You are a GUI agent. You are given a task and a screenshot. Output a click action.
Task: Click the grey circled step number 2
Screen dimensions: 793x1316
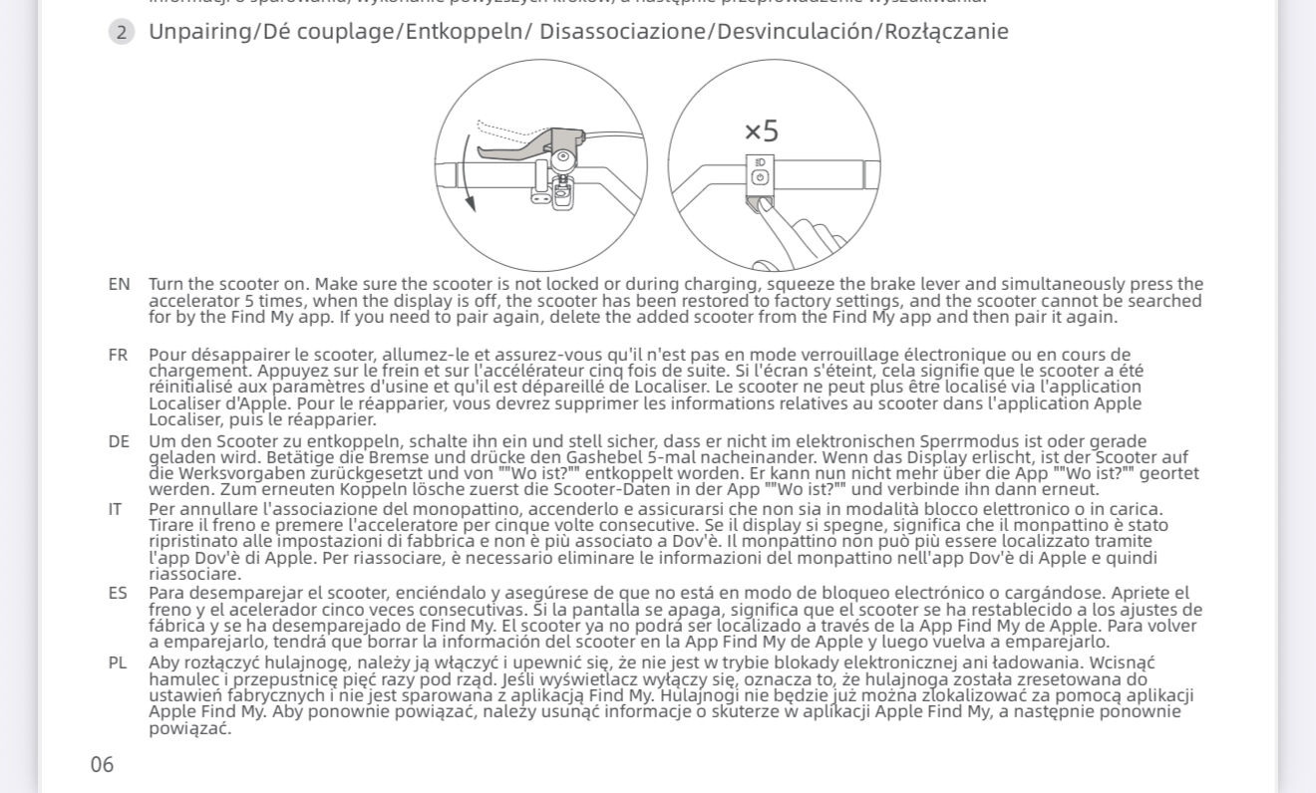coord(122,32)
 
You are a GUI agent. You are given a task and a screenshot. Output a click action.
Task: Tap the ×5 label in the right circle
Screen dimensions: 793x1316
coord(762,131)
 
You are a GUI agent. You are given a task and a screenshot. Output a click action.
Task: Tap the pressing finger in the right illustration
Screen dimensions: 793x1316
coord(788,229)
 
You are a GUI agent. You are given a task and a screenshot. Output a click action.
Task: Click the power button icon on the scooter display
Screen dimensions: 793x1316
coord(760,177)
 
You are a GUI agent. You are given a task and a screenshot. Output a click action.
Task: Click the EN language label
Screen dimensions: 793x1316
coord(119,284)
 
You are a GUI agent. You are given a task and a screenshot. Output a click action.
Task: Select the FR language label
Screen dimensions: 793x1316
coord(118,355)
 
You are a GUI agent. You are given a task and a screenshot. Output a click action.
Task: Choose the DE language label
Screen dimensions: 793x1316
coord(119,441)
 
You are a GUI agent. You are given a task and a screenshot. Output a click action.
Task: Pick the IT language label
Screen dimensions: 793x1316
coord(116,509)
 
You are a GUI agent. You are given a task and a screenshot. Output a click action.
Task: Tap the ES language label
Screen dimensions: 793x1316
coord(118,594)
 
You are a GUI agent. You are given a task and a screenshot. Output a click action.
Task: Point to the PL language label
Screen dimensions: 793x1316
coord(118,661)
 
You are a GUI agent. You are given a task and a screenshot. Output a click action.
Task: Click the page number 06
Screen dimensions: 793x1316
coord(102,765)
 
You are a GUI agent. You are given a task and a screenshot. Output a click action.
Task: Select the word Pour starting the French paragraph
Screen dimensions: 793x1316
coord(167,355)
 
